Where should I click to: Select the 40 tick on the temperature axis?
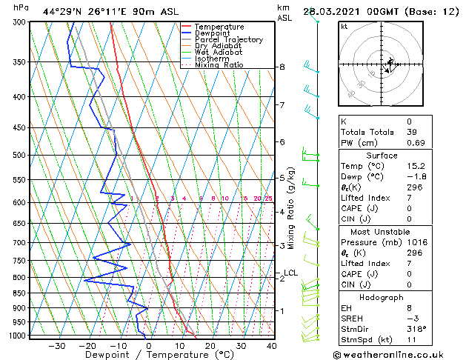coord(272,345)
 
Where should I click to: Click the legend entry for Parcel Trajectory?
coord(228,40)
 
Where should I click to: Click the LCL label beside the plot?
coord(291,273)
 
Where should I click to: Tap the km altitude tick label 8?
coord(282,67)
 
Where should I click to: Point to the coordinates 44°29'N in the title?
coord(61,12)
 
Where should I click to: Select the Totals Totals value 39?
coord(411,132)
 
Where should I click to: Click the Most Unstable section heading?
coord(392,231)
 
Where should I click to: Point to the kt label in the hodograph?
coord(344,27)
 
